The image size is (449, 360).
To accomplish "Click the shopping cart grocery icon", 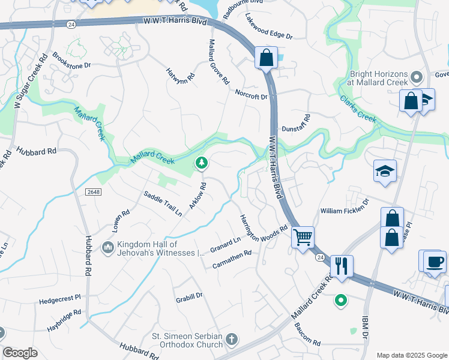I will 303,236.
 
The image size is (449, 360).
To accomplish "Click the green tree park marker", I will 202,162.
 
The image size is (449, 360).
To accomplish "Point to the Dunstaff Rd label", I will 296,123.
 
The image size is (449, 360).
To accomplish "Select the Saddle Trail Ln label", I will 163,203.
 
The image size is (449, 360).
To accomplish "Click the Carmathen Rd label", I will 231,254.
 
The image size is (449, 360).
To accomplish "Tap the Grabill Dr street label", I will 190,295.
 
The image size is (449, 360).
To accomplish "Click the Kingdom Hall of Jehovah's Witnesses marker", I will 108,247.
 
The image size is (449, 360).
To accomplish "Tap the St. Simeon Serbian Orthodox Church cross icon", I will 232,341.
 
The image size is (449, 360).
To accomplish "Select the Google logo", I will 20,352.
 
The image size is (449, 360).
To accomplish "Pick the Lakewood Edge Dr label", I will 269,27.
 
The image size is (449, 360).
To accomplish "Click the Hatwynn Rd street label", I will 181,74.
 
